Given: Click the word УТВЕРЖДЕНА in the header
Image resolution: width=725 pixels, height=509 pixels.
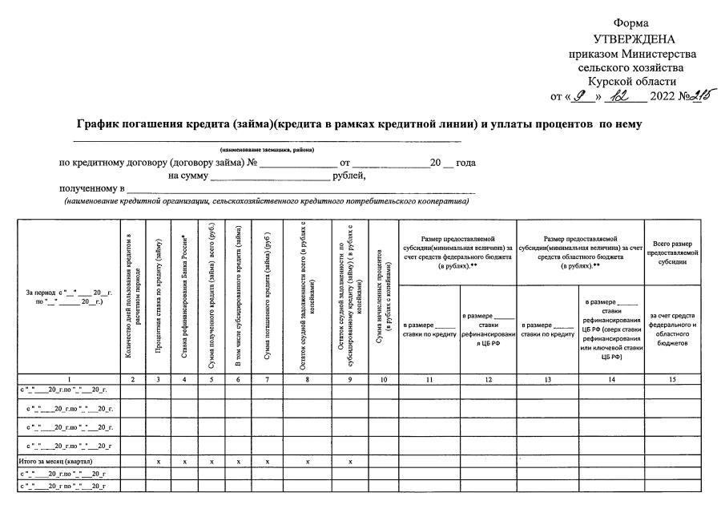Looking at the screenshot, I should click(634, 39).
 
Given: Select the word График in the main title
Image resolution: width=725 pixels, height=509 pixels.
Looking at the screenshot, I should click(103, 124).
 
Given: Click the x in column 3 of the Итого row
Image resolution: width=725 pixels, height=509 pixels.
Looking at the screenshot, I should click(160, 463).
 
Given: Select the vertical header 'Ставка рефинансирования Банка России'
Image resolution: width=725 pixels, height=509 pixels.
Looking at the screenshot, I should click(185, 296).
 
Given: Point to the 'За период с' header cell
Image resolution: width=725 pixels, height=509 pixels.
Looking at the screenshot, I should click(68, 297).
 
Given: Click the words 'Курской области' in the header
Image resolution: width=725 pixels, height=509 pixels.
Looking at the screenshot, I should click(631, 81).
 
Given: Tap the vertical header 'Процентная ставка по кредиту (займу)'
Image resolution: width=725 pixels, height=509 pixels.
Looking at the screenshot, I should click(160, 296).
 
